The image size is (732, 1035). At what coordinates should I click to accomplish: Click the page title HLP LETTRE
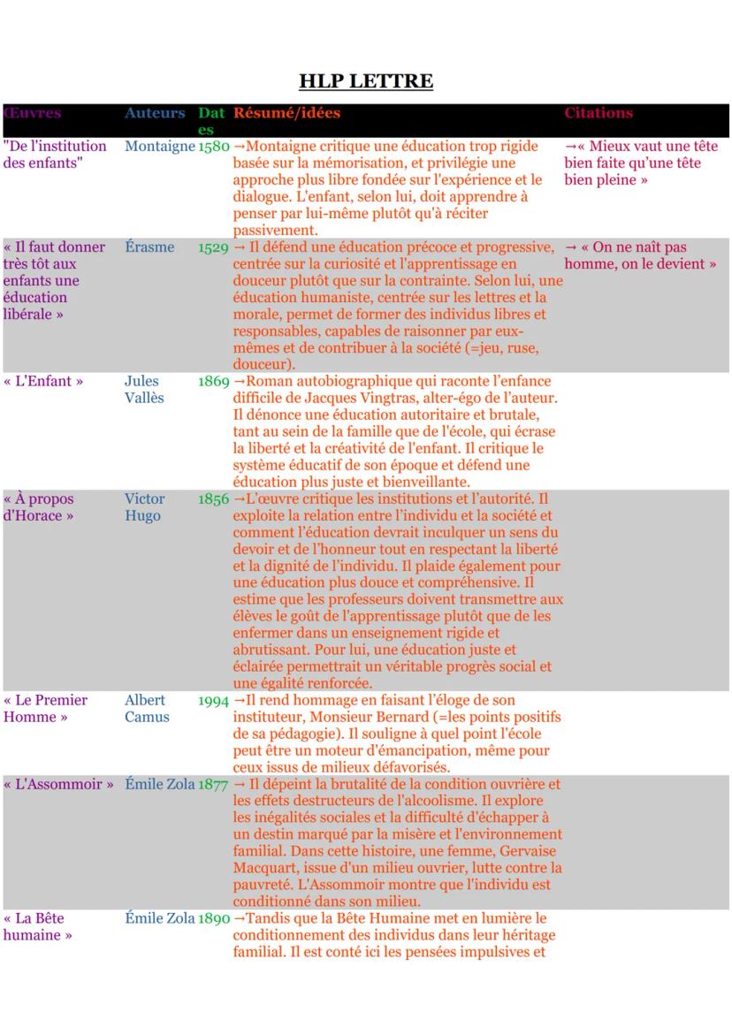click(x=366, y=82)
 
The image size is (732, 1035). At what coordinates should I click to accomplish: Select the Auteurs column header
click(x=155, y=113)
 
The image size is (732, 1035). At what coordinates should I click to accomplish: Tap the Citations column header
click(x=599, y=113)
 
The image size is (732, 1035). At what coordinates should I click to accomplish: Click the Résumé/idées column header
click(x=286, y=113)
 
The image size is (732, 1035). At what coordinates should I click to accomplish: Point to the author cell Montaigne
click(x=159, y=147)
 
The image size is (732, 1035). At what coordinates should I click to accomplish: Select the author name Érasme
click(x=149, y=247)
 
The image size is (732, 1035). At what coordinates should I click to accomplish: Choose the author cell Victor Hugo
click(x=144, y=507)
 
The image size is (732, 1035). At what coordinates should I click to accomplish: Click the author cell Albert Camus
click(x=146, y=709)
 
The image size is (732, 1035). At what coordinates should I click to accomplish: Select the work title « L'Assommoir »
click(x=58, y=785)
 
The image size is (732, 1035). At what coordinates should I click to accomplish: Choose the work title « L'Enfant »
click(x=43, y=382)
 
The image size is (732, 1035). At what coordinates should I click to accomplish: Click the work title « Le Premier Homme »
click(x=45, y=709)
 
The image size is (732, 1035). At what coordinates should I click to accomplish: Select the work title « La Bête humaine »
click(x=37, y=927)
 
